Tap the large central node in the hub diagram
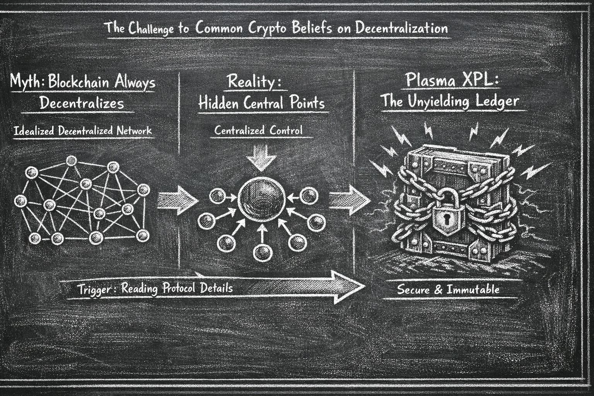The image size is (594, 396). pos(262,197)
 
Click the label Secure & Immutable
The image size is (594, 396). pos(448,289)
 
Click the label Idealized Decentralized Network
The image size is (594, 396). pos(82,131)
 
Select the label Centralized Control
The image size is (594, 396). pos(258,130)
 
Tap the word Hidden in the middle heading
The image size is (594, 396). pos(219,103)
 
